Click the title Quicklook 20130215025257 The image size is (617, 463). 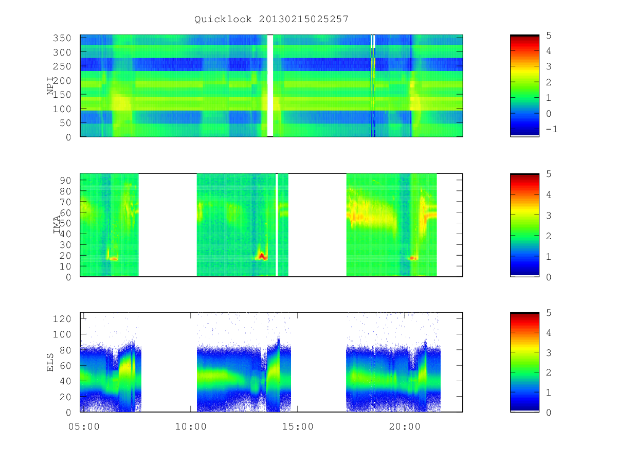(271, 19)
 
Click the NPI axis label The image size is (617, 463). (50, 86)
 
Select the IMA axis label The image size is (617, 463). (57, 225)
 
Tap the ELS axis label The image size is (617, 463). (50, 362)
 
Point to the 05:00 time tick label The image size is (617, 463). (84, 426)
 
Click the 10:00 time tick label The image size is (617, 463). (191, 426)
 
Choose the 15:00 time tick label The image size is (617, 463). (298, 426)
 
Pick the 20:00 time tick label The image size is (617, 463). (405, 426)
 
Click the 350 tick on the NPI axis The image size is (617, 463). (62, 38)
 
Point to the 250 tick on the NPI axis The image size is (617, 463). (62, 66)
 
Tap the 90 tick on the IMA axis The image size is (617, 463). (65, 180)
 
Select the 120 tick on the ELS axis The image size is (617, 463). (62, 319)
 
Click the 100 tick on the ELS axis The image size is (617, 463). (62, 334)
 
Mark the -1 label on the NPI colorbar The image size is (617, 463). (552, 129)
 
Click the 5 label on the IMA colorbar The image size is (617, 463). (549, 174)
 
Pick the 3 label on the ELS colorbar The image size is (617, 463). (549, 353)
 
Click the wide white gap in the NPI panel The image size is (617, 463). (270, 85)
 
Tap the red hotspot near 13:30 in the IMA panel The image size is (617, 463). (262, 256)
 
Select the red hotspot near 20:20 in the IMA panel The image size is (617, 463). (413, 258)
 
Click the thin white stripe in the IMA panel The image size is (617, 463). (277, 225)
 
